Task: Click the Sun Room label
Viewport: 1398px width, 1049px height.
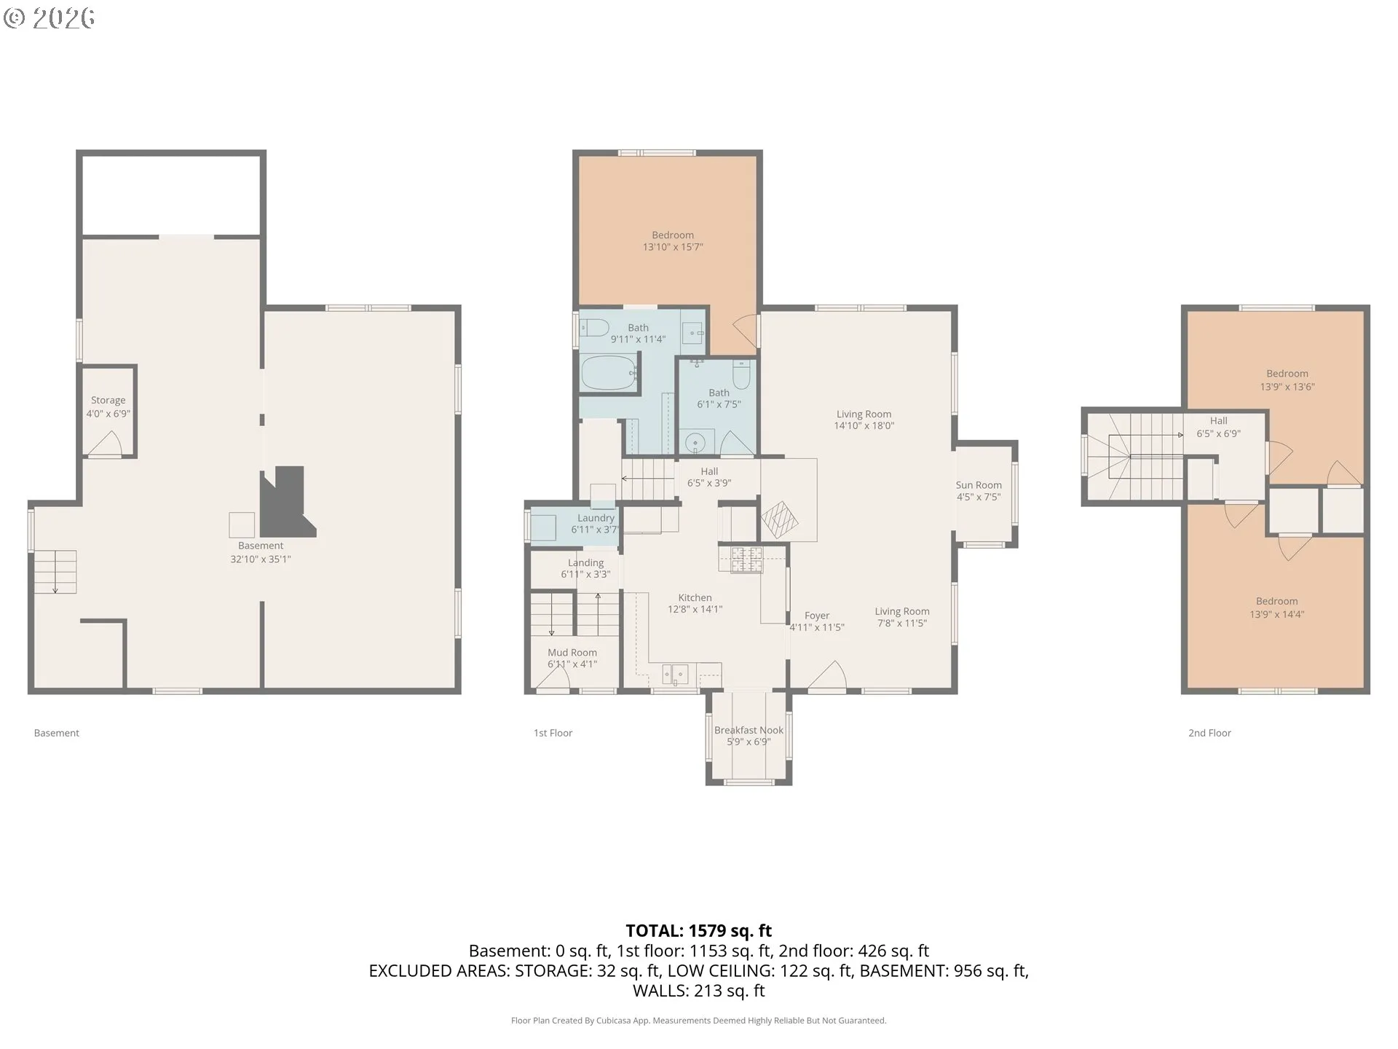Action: coord(979,485)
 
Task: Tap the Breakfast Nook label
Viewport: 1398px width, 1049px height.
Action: coord(749,730)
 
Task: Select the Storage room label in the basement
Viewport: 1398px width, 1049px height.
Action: coord(108,401)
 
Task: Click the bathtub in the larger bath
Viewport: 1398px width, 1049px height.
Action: coord(609,373)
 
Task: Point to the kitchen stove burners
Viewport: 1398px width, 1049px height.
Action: coord(746,559)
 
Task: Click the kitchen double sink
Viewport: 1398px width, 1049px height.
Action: coord(675,675)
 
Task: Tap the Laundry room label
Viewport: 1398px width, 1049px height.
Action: coord(596,518)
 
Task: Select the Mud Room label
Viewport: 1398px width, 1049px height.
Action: coord(572,653)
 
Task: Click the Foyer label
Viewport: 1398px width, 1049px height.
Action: coord(817,616)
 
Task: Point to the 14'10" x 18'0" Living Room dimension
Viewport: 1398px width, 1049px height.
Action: coord(864,425)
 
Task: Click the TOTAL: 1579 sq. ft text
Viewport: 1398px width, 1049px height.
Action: coord(699,930)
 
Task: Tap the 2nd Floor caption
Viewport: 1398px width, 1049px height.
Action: coord(1209,733)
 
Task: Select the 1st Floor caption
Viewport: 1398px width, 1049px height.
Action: coord(553,733)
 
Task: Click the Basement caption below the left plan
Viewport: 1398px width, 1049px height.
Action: coord(56,733)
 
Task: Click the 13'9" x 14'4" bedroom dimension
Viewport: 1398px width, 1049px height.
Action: coord(1276,614)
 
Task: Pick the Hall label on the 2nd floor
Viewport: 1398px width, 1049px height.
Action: coord(1218,421)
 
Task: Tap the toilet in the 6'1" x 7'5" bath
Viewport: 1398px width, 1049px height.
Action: coord(741,374)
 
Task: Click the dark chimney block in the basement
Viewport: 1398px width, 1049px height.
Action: coord(287,502)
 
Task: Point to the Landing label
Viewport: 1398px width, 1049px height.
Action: coord(585,563)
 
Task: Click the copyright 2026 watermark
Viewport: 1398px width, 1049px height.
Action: coord(49,17)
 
